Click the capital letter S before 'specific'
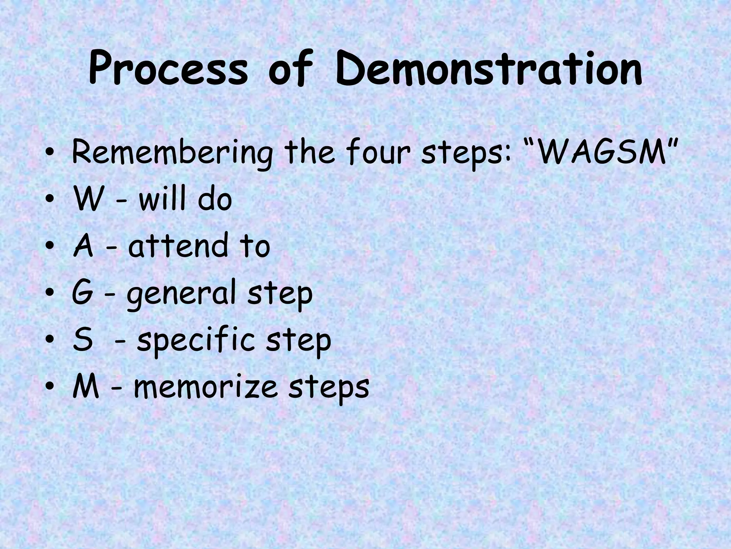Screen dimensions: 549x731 82,340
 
